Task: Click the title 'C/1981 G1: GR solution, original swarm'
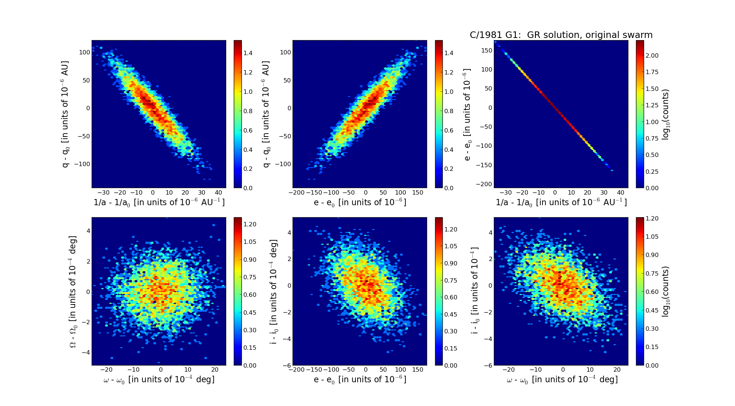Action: point(561,35)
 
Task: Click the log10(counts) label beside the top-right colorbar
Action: point(666,114)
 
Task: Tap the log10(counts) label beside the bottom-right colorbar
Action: point(666,291)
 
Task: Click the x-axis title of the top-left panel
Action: point(159,202)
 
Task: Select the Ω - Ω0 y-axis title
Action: point(73,291)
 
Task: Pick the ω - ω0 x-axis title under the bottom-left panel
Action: point(159,380)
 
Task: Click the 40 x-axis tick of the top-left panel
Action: point(218,193)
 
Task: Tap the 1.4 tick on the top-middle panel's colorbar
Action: point(449,53)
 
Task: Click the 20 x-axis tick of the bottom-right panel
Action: point(617,370)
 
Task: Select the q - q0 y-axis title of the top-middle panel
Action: point(266,114)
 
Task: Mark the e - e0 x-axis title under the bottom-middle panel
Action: point(360,380)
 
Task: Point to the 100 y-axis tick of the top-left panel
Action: point(84,52)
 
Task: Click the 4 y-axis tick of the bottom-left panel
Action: point(88,231)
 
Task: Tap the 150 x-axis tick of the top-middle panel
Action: point(418,193)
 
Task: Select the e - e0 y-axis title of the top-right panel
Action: point(467,114)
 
